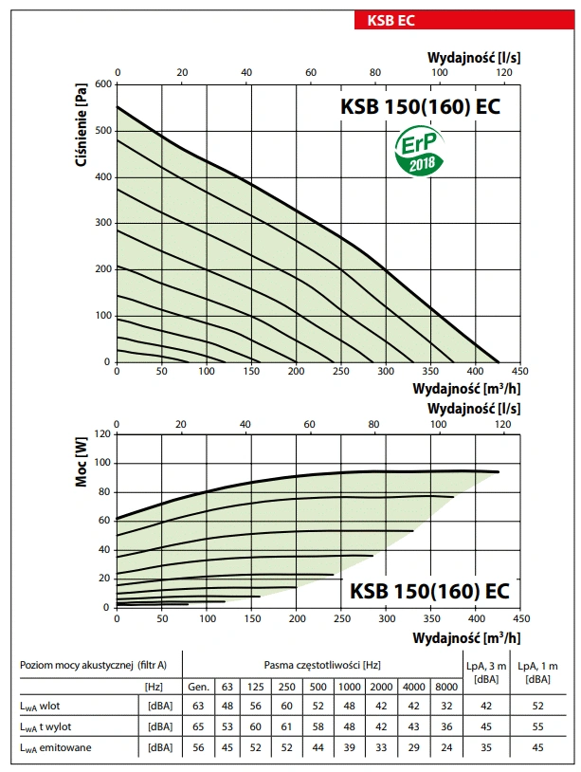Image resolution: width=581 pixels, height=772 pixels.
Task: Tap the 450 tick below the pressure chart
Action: tap(519, 371)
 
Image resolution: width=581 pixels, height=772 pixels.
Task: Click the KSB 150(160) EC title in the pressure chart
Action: tap(419, 106)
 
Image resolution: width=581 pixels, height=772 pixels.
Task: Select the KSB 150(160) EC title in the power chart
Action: tap(429, 591)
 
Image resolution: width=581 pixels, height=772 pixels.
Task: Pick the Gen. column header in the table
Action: tap(199, 686)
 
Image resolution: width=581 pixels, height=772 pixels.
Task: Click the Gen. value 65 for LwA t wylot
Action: tap(199, 726)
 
